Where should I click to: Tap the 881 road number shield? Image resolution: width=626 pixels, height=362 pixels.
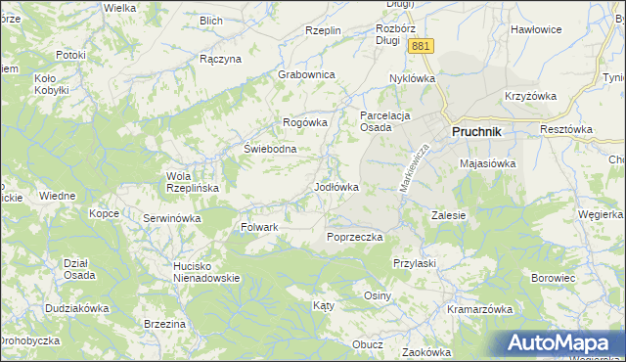[x=421, y=47]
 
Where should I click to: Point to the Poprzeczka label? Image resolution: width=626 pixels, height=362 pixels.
[x=354, y=237]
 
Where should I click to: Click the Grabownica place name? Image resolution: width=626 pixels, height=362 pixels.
[x=307, y=74]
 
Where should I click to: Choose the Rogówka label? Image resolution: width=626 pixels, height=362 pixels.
[x=304, y=122]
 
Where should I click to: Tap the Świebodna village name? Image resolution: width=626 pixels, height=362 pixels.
[x=270, y=149]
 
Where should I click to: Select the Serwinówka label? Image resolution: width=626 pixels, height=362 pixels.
[x=171, y=218]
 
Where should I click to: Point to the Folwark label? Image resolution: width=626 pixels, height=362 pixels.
[x=260, y=227]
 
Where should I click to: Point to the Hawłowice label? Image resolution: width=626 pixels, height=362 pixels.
[x=536, y=29]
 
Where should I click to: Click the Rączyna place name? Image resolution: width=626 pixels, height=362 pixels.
[x=220, y=59]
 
